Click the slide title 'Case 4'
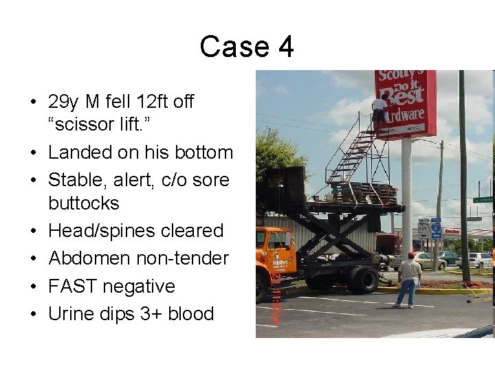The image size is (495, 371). [247, 47]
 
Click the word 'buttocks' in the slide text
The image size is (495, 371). [84, 203]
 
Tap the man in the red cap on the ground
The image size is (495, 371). [410, 278]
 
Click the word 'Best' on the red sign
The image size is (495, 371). [397, 97]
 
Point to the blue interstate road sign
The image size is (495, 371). [436, 229]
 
